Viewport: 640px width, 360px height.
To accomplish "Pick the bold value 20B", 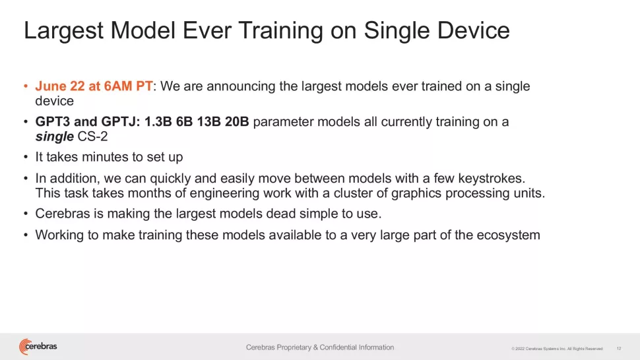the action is point(237,121).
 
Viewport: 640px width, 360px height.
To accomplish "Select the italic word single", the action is point(54,136).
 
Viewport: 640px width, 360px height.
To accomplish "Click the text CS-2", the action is point(92,136).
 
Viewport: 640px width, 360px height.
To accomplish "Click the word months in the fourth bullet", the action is point(149,193).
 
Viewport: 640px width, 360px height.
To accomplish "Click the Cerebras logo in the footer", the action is point(38,347).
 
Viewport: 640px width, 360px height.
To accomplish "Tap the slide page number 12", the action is point(619,349).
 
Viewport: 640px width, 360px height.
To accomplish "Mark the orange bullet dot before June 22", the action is point(26,86).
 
